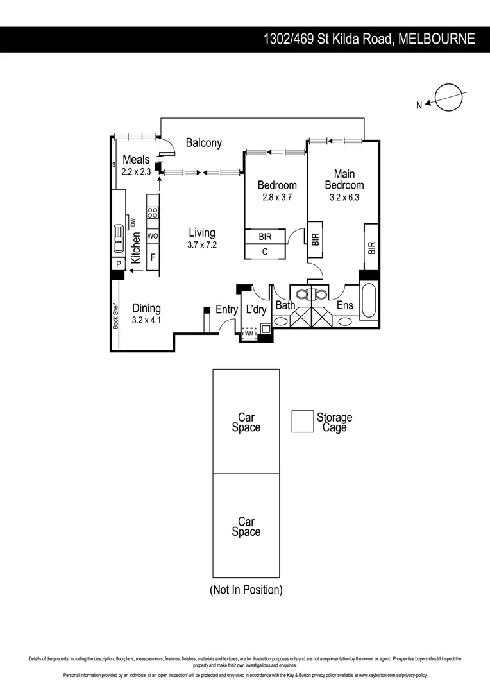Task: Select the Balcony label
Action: click(204, 143)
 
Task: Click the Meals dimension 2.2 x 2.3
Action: click(136, 171)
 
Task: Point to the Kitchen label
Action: click(137, 248)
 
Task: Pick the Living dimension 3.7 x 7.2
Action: click(201, 244)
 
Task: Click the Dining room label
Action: click(146, 309)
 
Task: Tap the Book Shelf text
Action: click(116, 314)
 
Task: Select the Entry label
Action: click(226, 310)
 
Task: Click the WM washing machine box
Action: click(248, 334)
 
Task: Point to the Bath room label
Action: click(285, 305)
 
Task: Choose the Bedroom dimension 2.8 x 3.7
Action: click(277, 198)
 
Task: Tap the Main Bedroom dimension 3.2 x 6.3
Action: click(344, 198)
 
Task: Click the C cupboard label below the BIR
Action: click(264, 252)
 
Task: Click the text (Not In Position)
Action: click(246, 590)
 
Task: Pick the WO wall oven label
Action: click(153, 236)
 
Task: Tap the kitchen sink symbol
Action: click(119, 240)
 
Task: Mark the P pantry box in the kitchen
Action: click(119, 264)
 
